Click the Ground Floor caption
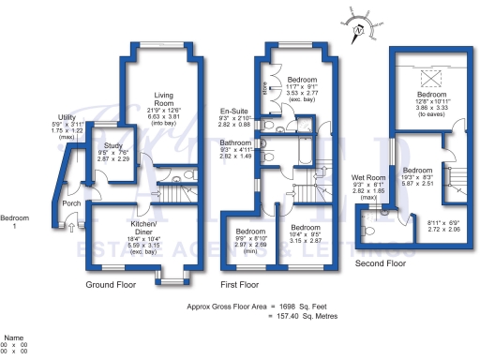point(112,284)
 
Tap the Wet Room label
point(367,177)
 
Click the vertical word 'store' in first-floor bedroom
point(266,93)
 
